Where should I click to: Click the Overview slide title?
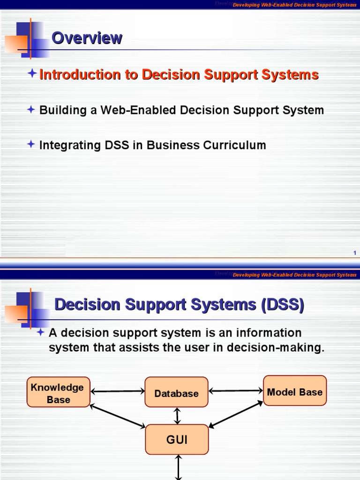coord(87,38)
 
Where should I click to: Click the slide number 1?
coord(355,253)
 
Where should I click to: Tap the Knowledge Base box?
coord(59,393)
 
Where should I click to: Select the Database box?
coord(176,393)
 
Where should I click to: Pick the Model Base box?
coord(294,391)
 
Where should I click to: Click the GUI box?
coord(176,439)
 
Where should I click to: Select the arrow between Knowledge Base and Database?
coord(117,391)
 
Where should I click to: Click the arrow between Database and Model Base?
coord(235,390)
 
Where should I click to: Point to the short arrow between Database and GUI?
coord(177,416)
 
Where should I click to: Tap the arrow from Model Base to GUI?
coord(236,413)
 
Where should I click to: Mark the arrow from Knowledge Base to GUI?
coord(118,416)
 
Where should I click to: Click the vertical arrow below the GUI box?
coord(178,467)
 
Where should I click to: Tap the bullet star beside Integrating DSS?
coord(31,144)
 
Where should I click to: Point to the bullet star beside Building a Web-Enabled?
coord(31,110)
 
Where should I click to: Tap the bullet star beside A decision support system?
coord(41,332)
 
